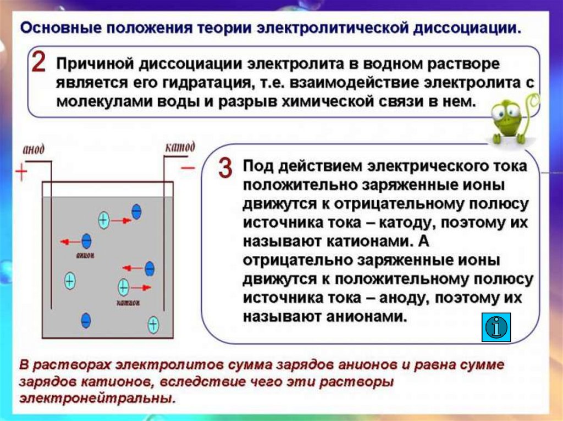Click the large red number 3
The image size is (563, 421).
[x=224, y=169]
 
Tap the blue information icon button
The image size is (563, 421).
[x=496, y=327]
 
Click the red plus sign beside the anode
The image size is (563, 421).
[x=21, y=173]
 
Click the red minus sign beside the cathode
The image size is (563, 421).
[x=187, y=167]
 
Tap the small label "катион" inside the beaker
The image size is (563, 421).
[x=128, y=302]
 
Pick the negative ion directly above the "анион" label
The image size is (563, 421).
[x=86, y=241]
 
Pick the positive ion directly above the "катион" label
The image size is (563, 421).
[x=124, y=287]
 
